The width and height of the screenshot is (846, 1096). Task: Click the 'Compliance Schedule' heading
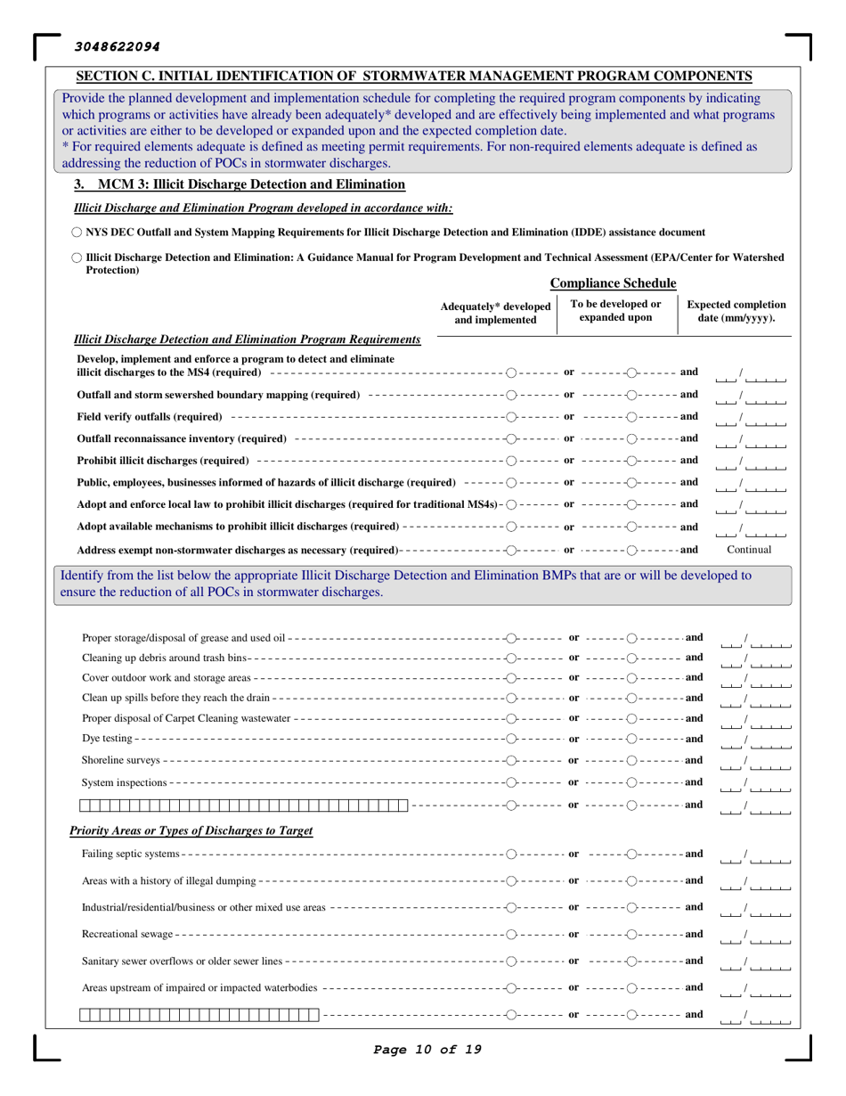[613, 283]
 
